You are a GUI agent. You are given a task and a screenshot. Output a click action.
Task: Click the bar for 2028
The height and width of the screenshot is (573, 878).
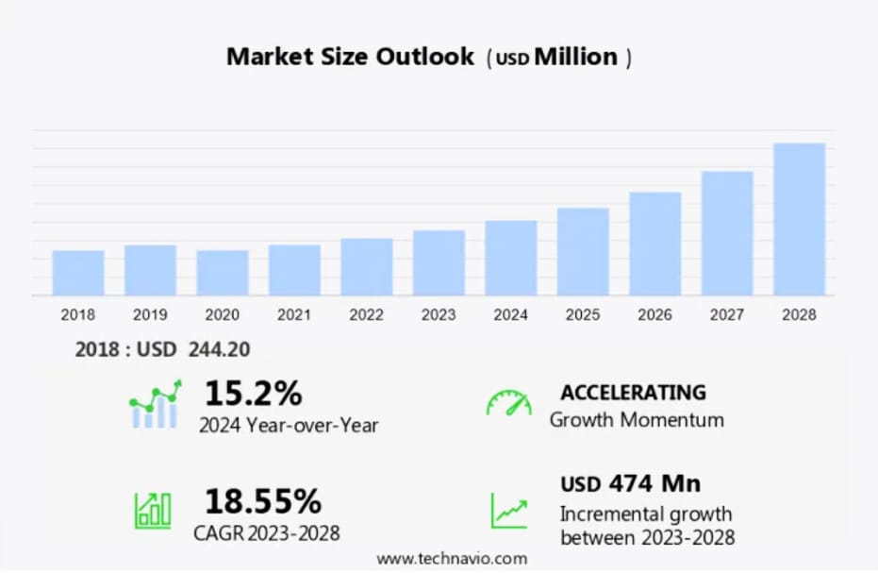click(x=799, y=219)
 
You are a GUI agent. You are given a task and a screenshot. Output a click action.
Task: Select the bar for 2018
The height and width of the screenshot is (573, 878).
click(x=78, y=273)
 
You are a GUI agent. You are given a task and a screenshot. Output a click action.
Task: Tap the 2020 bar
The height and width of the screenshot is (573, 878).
click(x=223, y=273)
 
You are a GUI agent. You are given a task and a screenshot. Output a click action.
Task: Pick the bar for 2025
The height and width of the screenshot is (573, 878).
click(x=583, y=251)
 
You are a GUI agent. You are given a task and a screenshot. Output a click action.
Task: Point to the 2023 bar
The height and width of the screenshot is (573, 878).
click(x=439, y=262)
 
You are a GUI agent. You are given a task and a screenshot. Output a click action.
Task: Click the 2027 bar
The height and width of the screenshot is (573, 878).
click(x=727, y=233)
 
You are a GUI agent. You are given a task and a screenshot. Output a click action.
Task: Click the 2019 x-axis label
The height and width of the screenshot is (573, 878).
click(x=150, y=314)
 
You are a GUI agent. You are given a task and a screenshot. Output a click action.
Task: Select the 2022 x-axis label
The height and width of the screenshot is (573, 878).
click(x=367, y=314)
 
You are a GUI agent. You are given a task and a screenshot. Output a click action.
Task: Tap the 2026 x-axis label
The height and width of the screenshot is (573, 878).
click(x=654, y=314)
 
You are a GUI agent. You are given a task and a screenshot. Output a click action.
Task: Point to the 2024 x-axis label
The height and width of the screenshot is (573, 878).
click(x=510, y=314)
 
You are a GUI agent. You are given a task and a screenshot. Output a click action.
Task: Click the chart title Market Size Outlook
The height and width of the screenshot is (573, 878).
click(x=350, y=57)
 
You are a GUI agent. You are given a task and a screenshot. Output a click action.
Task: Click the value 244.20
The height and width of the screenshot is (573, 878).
click(x=219, y=349)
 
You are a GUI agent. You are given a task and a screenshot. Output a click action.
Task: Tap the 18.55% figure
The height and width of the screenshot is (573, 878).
click(x=263, y=500)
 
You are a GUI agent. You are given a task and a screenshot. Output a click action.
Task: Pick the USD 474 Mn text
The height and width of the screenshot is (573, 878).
click(x=630, y=484)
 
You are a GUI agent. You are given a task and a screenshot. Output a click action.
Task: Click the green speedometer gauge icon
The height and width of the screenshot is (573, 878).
click(x=508, y=403)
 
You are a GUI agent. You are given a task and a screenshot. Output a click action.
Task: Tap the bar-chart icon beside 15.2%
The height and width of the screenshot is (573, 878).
click(x=155, y=406)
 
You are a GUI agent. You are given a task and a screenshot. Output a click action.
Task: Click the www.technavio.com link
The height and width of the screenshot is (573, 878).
click(x=452, y=559)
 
